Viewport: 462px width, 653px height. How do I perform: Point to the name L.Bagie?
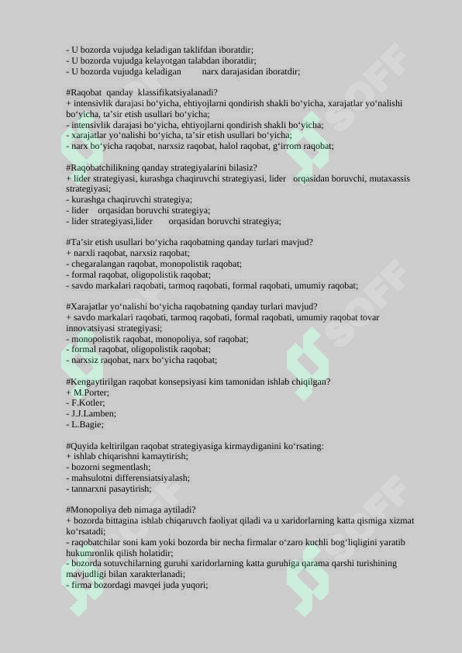[x=87, y=425]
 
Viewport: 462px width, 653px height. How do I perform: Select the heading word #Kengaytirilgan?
[x=98, y=382]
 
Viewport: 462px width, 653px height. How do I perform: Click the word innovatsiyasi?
[x=89, y=328]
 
